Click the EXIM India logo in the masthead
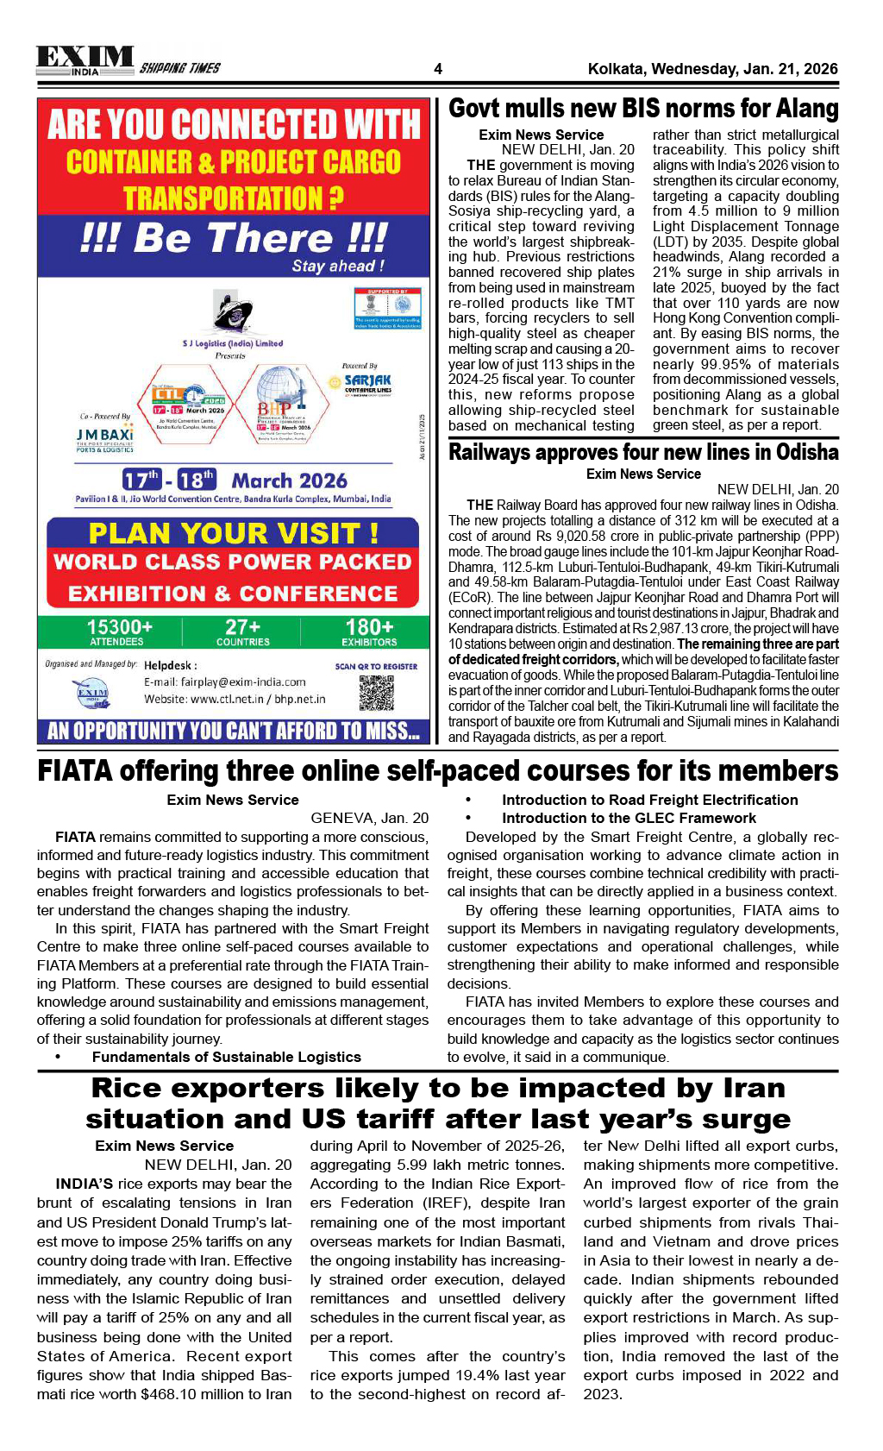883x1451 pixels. [x=85, y=60]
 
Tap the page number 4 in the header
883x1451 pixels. [x=438, y=69]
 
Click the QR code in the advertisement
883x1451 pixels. [x=376, y=693]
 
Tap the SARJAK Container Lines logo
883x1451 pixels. [x=367, y=382]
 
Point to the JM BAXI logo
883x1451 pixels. [x=104, y=437]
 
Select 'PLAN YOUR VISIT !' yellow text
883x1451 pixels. [x=233, y=533]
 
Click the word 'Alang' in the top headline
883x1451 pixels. [x=806, y=109]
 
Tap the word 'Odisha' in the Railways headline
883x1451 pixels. [x=805, y=452]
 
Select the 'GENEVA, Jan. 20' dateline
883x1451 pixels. [x=369, y=818]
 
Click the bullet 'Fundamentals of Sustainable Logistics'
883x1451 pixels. [x=226, y=1057]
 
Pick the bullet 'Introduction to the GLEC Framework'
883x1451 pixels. [x=629, y=818]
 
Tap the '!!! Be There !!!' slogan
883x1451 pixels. [x=233, y=237]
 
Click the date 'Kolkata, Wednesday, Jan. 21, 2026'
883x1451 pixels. [x=712, y=69]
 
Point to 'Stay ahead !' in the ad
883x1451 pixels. [x=338, y=266]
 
